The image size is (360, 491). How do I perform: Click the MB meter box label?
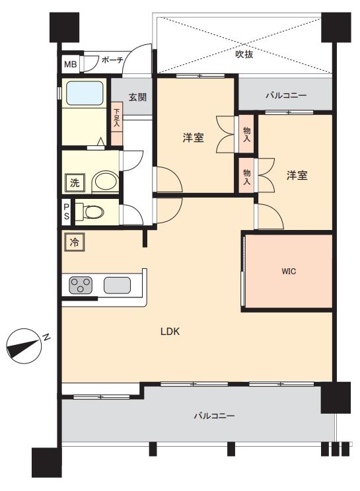tap(71, 64)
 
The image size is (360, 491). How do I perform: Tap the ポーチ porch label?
tap(112, 60)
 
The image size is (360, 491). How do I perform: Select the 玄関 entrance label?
tap(137, 97)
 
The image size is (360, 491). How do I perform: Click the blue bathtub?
tap(85, 93)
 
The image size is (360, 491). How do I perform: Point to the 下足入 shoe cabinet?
tap(117, 124)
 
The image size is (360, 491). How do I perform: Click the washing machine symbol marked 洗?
tap(75, 182)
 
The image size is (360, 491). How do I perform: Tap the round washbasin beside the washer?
tap(106, 181)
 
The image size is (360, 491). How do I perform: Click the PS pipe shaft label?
tap(66, 211)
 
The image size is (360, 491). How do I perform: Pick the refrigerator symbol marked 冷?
tap(74, 242)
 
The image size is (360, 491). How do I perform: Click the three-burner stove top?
tap(81, 285)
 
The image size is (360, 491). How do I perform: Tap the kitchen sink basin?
tap(117, 285)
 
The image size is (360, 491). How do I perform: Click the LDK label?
tap(170, 331)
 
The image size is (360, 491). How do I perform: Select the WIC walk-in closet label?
tap(289, 272)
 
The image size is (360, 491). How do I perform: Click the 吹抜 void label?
tap(244, 54)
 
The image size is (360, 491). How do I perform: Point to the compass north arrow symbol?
tap(24, 346)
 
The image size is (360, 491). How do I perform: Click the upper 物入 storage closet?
tap(246, 134)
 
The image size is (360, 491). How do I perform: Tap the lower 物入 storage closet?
tap(246, 176)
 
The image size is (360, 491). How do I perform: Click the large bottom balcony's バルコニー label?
tap(214, 416)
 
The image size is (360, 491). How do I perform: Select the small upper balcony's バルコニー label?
tap(286, 95)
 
